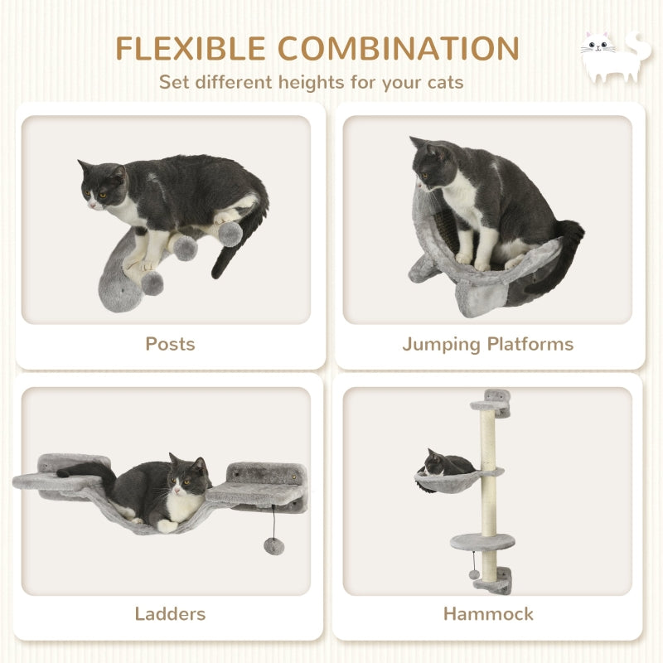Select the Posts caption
(170, 343)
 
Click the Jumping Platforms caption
(487, 343)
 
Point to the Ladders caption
(170, 614)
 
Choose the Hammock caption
(488, 614)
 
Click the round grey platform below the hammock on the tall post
(482, 541)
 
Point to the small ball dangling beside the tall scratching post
(473, 574)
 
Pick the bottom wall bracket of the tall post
(494, 583)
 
